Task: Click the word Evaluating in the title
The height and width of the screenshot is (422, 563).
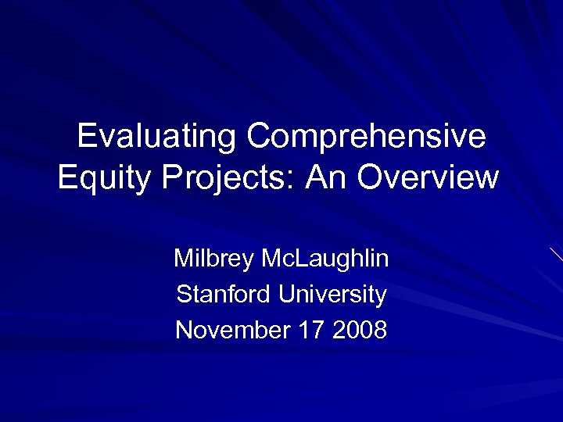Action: point(156,137)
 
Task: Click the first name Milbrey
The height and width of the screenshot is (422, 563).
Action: point(214,258)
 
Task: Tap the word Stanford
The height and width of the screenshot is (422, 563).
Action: point(224,295)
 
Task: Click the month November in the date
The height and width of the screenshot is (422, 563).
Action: point(231,331)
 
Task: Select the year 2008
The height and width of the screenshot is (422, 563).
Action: point(359,331)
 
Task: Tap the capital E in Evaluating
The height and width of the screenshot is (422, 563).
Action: point(86,137)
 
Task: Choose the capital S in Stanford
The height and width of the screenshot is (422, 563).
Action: point(184,295)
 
